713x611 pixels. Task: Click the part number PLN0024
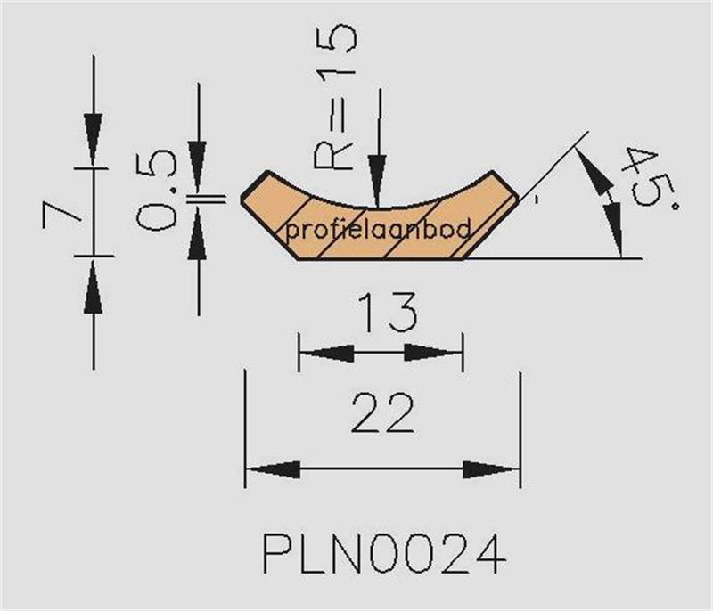tap(384, 554)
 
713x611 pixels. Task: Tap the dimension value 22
tap(383, 413)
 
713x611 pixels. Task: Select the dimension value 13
tap(388, 313)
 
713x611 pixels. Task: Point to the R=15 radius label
tap(334, 97)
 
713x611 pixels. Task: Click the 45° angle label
tap(652, 178)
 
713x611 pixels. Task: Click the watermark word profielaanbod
tap(378, 231)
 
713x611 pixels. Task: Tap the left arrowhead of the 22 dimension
tap(273, 469)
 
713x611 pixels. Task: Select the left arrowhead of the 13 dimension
tap(326, 353)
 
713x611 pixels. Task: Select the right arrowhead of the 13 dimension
tap(433, 353)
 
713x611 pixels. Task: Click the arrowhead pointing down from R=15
tap(377, 181)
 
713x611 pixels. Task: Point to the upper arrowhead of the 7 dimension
tap(93, 139)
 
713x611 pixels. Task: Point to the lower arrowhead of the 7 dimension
tap(94, 286)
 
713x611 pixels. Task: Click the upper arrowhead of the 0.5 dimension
tap(198, 167)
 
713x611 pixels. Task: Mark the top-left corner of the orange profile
tap(268, 172)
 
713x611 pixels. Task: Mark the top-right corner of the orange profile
tap(493, 171)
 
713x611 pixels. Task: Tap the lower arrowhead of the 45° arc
tap(614, 231)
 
